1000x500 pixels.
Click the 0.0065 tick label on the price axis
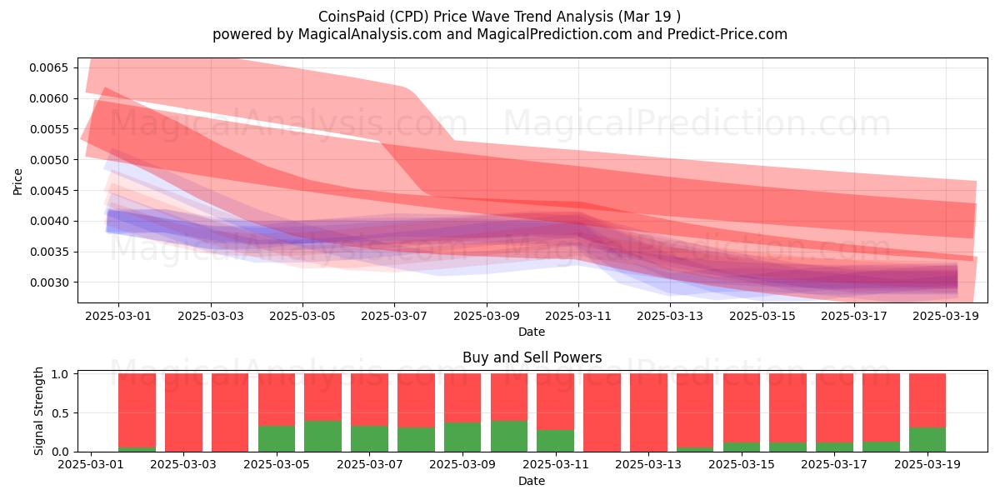pos(48,67)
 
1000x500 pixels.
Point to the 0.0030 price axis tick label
pos(48,282)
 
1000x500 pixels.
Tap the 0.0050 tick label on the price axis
pos(48,160)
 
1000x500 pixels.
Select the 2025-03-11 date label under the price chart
pos(578,316)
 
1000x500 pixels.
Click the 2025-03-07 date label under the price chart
pos(393,316)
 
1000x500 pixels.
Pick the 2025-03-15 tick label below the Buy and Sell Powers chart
pos(742,464)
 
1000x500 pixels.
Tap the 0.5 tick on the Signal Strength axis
pos(60,413)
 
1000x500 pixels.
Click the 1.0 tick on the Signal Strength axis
pos(60,374)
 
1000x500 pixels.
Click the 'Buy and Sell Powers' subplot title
pos(532,357)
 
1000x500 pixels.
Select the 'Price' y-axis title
pos(17,182)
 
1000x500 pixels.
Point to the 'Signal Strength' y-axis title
pos(39,411)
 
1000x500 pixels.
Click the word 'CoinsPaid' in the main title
pos(351,17)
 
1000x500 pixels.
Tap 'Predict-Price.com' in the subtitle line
pos(727,34)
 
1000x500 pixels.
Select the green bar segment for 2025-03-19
pos(927,440)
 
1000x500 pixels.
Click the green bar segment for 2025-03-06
pos(322,436)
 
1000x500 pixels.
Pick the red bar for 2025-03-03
pos(183,412)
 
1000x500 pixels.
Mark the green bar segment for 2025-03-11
pos(555,441)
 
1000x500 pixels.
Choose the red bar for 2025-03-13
pos(648,412)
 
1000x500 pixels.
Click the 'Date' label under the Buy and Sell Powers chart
pos(532,481)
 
